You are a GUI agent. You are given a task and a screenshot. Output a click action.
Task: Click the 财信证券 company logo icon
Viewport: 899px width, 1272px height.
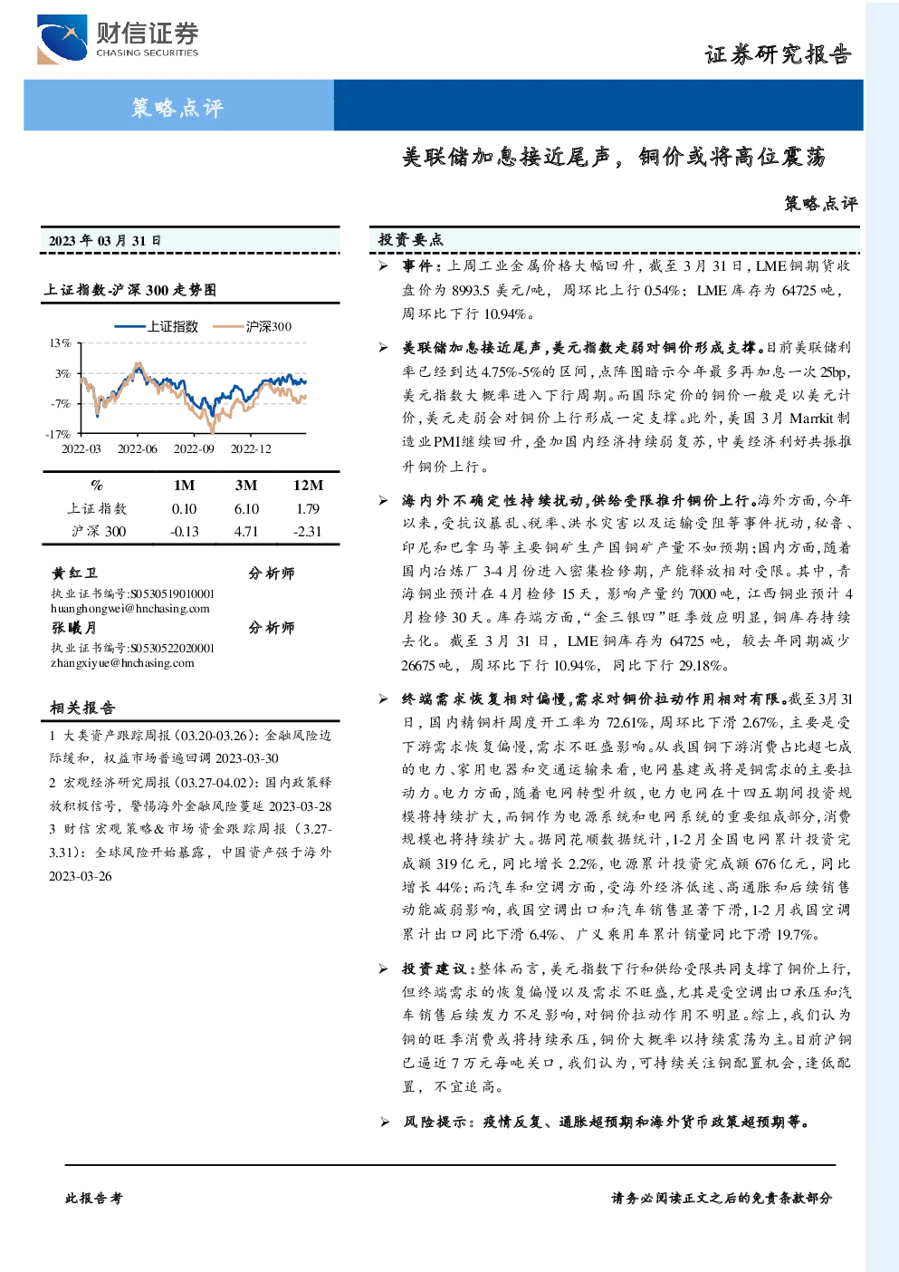click(x=62, y=39)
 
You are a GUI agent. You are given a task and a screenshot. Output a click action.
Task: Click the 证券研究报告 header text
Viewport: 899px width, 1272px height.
click(x=778, y=54)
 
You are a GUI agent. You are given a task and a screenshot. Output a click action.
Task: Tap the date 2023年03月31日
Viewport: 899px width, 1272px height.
click(x=105, y=241)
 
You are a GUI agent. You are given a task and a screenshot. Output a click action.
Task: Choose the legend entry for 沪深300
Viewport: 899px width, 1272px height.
click(x=252, y=326)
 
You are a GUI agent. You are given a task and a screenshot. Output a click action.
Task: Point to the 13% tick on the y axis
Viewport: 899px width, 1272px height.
click(x=60, y=343)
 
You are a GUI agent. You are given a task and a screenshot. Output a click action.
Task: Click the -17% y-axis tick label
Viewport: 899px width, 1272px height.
click(x=58, y=434)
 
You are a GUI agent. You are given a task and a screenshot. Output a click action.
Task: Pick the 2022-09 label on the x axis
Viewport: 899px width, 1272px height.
click(x=194, y=449)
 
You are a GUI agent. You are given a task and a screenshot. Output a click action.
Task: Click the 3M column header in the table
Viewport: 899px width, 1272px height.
click(x=245, y=486)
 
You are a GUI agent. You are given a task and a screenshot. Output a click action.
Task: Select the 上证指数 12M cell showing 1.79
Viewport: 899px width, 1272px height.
click(x=308, y=509)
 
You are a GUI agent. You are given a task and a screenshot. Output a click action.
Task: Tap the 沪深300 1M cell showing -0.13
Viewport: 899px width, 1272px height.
click(x=185, y=532)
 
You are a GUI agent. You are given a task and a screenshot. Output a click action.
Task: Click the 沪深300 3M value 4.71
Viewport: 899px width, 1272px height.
click(x=245, y=532)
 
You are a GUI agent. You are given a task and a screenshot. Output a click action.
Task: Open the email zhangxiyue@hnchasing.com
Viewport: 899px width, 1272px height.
click(x=122, y=663)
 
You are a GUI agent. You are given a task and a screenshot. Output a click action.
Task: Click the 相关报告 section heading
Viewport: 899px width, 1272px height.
click(x=82, y=708)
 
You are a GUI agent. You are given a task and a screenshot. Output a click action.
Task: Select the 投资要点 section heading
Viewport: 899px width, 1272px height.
click(x=410, y=240)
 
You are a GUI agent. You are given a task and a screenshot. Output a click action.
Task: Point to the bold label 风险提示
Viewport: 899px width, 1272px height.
click(x=435, y=1123)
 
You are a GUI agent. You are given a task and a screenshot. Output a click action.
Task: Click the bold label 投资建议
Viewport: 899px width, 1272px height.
click(x=434, y=968)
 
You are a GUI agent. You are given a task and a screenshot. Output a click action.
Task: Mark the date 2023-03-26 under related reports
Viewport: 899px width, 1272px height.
click(x=80, y=876)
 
